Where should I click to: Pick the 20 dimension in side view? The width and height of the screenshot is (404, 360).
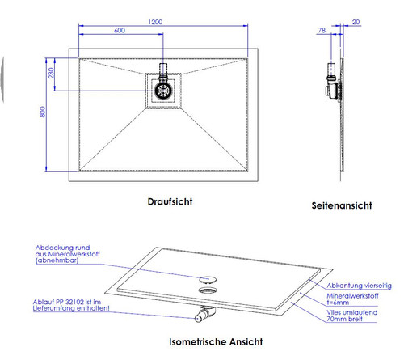coord(356,23)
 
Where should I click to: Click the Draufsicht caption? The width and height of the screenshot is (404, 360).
coord(170,201)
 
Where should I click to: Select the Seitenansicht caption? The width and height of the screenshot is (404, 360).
coord(342,205)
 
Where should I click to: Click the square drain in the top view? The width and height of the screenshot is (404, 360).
coord(163,91)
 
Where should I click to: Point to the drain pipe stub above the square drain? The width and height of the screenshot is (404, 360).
coord(163,68)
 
